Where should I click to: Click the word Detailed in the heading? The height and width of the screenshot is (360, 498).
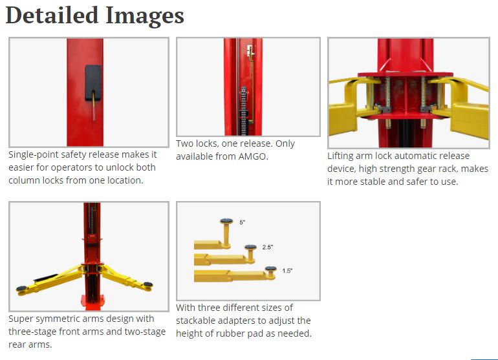point(52,16)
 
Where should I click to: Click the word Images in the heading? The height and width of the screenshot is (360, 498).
point(145,16)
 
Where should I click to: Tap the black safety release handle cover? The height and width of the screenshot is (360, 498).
point(93,83)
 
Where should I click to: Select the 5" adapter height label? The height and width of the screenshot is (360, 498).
point(243,222)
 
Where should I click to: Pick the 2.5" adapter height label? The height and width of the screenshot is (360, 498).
point(267,247)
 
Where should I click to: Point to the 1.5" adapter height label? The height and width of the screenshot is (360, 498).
point(287,271)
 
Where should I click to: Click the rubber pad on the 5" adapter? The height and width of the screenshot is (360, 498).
point(226,221)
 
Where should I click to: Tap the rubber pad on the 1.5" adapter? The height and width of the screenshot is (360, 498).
point(270,269)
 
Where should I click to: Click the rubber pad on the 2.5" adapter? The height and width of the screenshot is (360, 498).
point(250,248)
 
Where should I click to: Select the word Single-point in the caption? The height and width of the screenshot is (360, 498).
point(32,155)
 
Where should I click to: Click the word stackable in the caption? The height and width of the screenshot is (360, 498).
point(195,321)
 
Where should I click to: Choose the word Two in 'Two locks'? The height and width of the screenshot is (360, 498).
point(184,143)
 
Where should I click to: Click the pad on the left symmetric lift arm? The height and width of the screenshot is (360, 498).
point(21,288)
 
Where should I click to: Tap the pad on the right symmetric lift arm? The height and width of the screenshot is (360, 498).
point(147,284)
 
